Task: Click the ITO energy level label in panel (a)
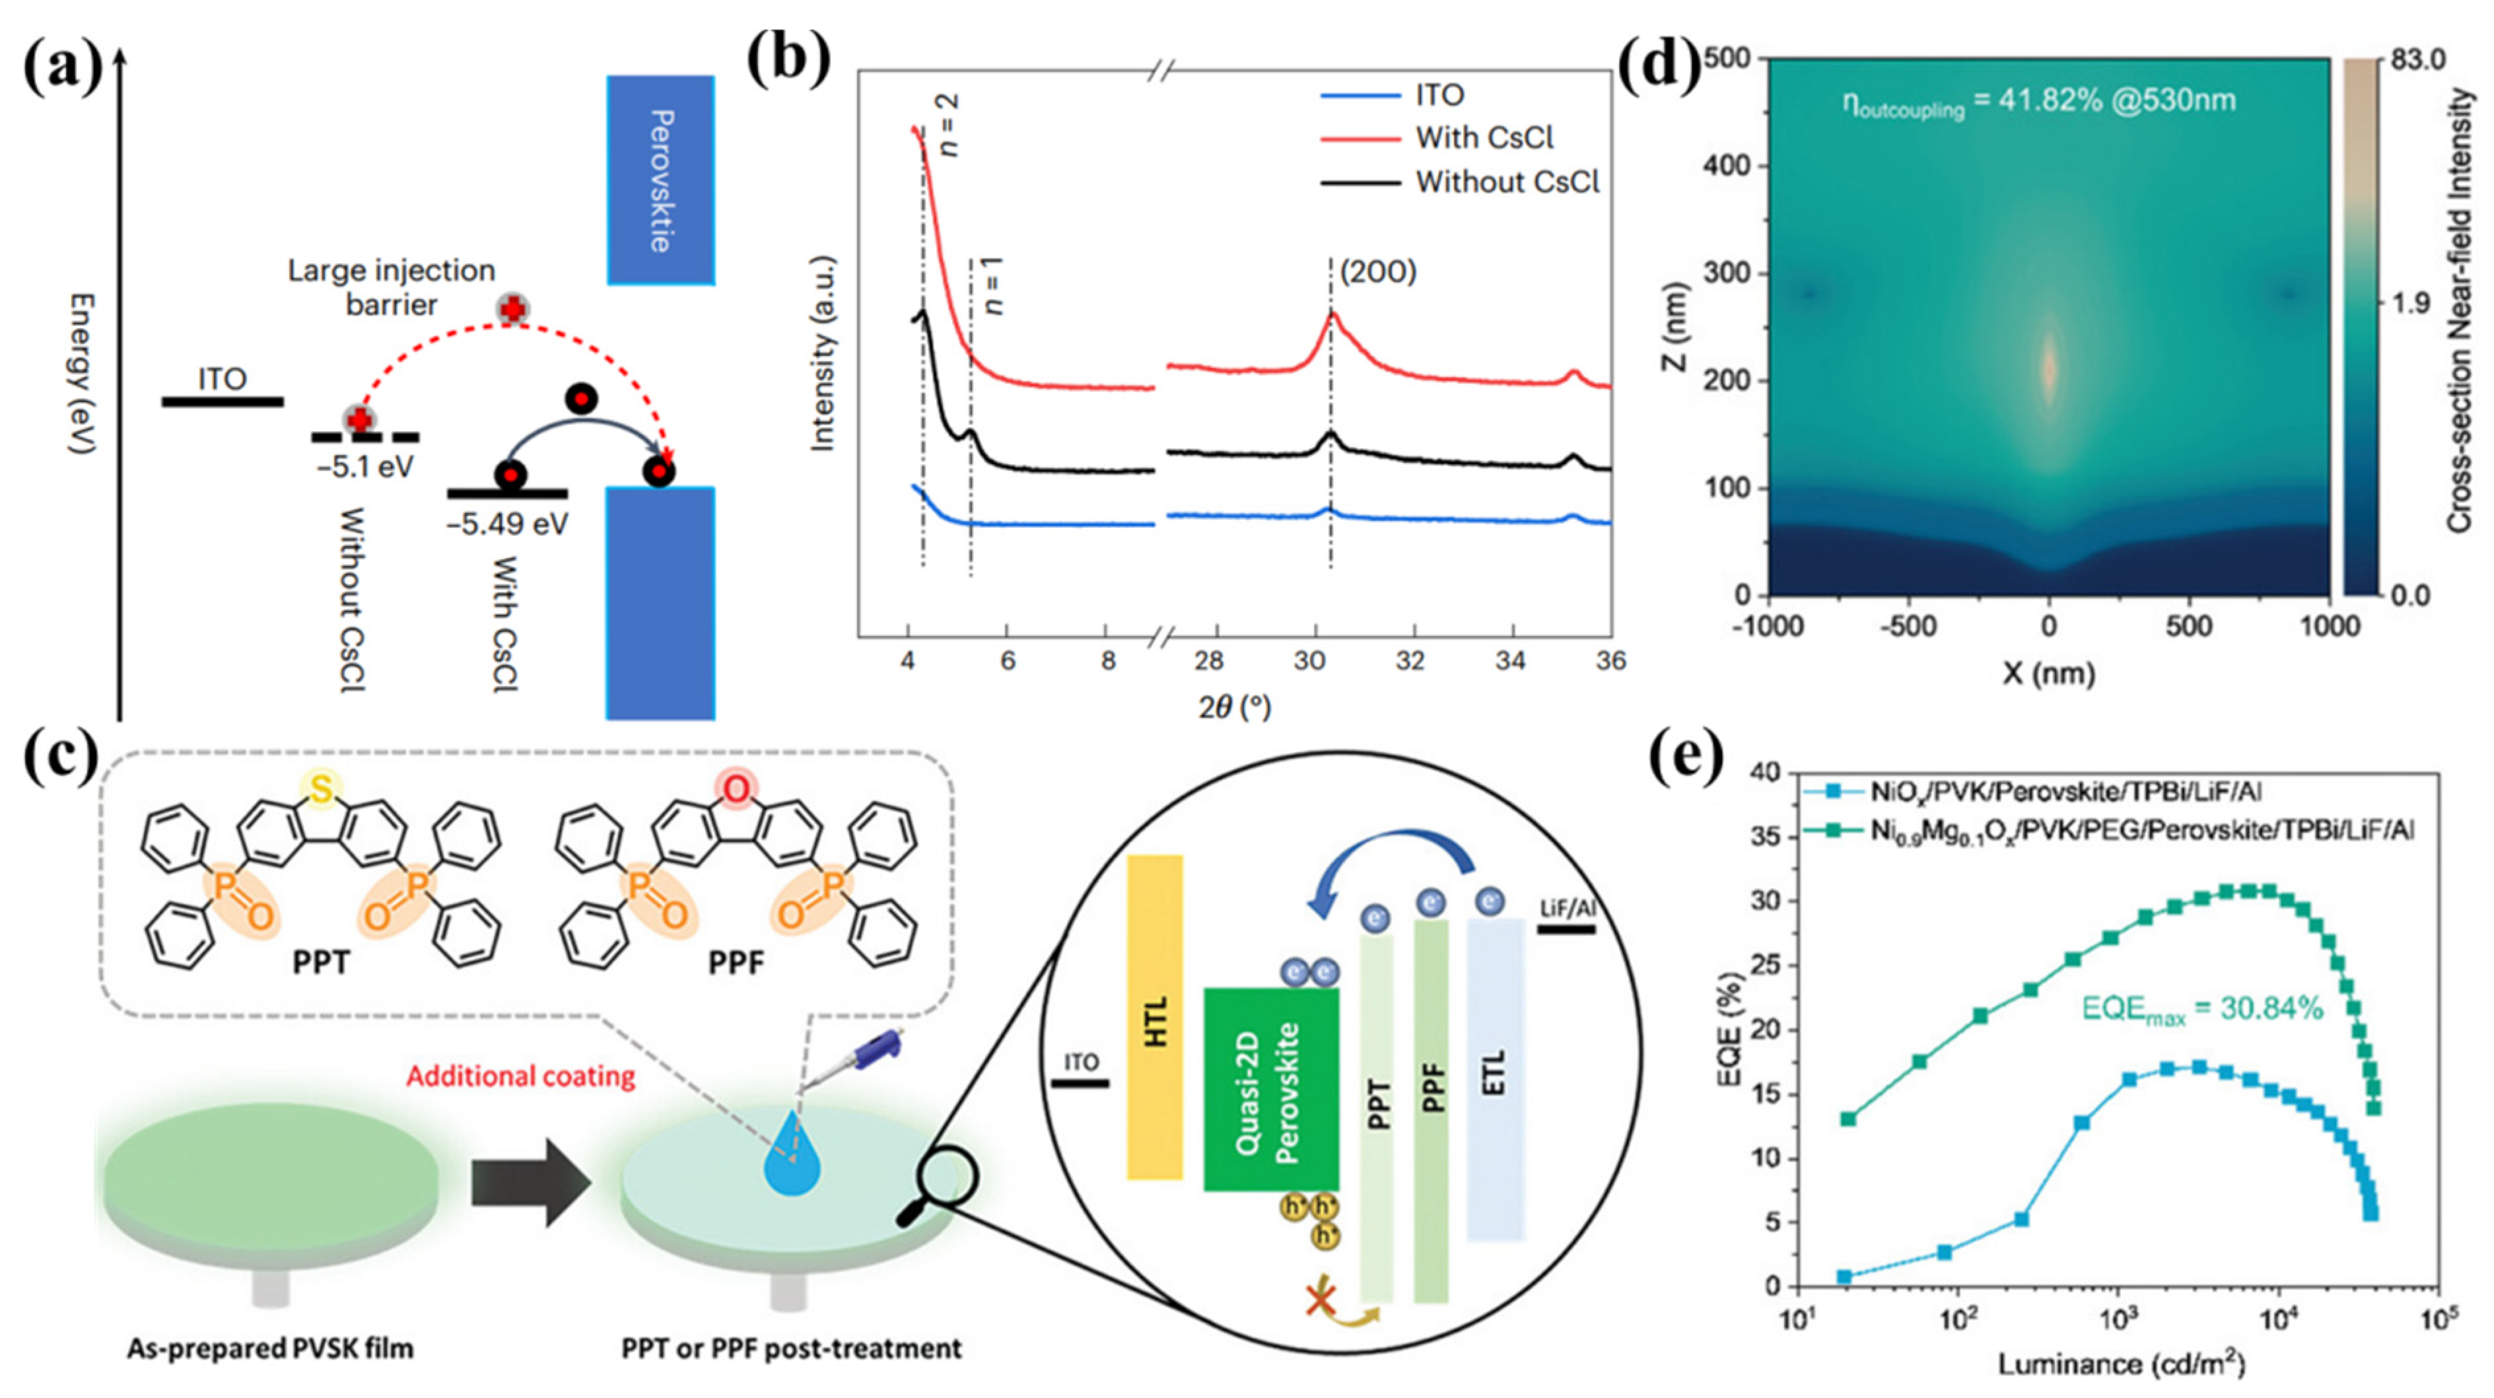pyautogui.click(x=222, y=378)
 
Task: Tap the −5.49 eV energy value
pyautogui.click(x=507, y=524)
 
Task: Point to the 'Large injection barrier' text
pyautogui.click(x=390, y=287)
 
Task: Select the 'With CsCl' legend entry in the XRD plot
pyautogui.click(x=1484, y=139)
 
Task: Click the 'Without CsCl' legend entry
pyautogui.click(x=1507, y=182)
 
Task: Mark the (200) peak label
pyautogui.click(x=1377, y=273)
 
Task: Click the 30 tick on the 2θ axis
pyautogui.click(x=1311, y=661)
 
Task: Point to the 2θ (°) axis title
pyautogui.click(x=1234, y=709)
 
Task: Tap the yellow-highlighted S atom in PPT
pyautogui.click(x=322, y=791)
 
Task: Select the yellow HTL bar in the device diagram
pyautogui.click(x=1155, y=1016)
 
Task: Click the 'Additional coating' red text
pyautogui.click(x=520, y=1076)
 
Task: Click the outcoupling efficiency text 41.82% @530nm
pyautogui.click(x=2038, y=102)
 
